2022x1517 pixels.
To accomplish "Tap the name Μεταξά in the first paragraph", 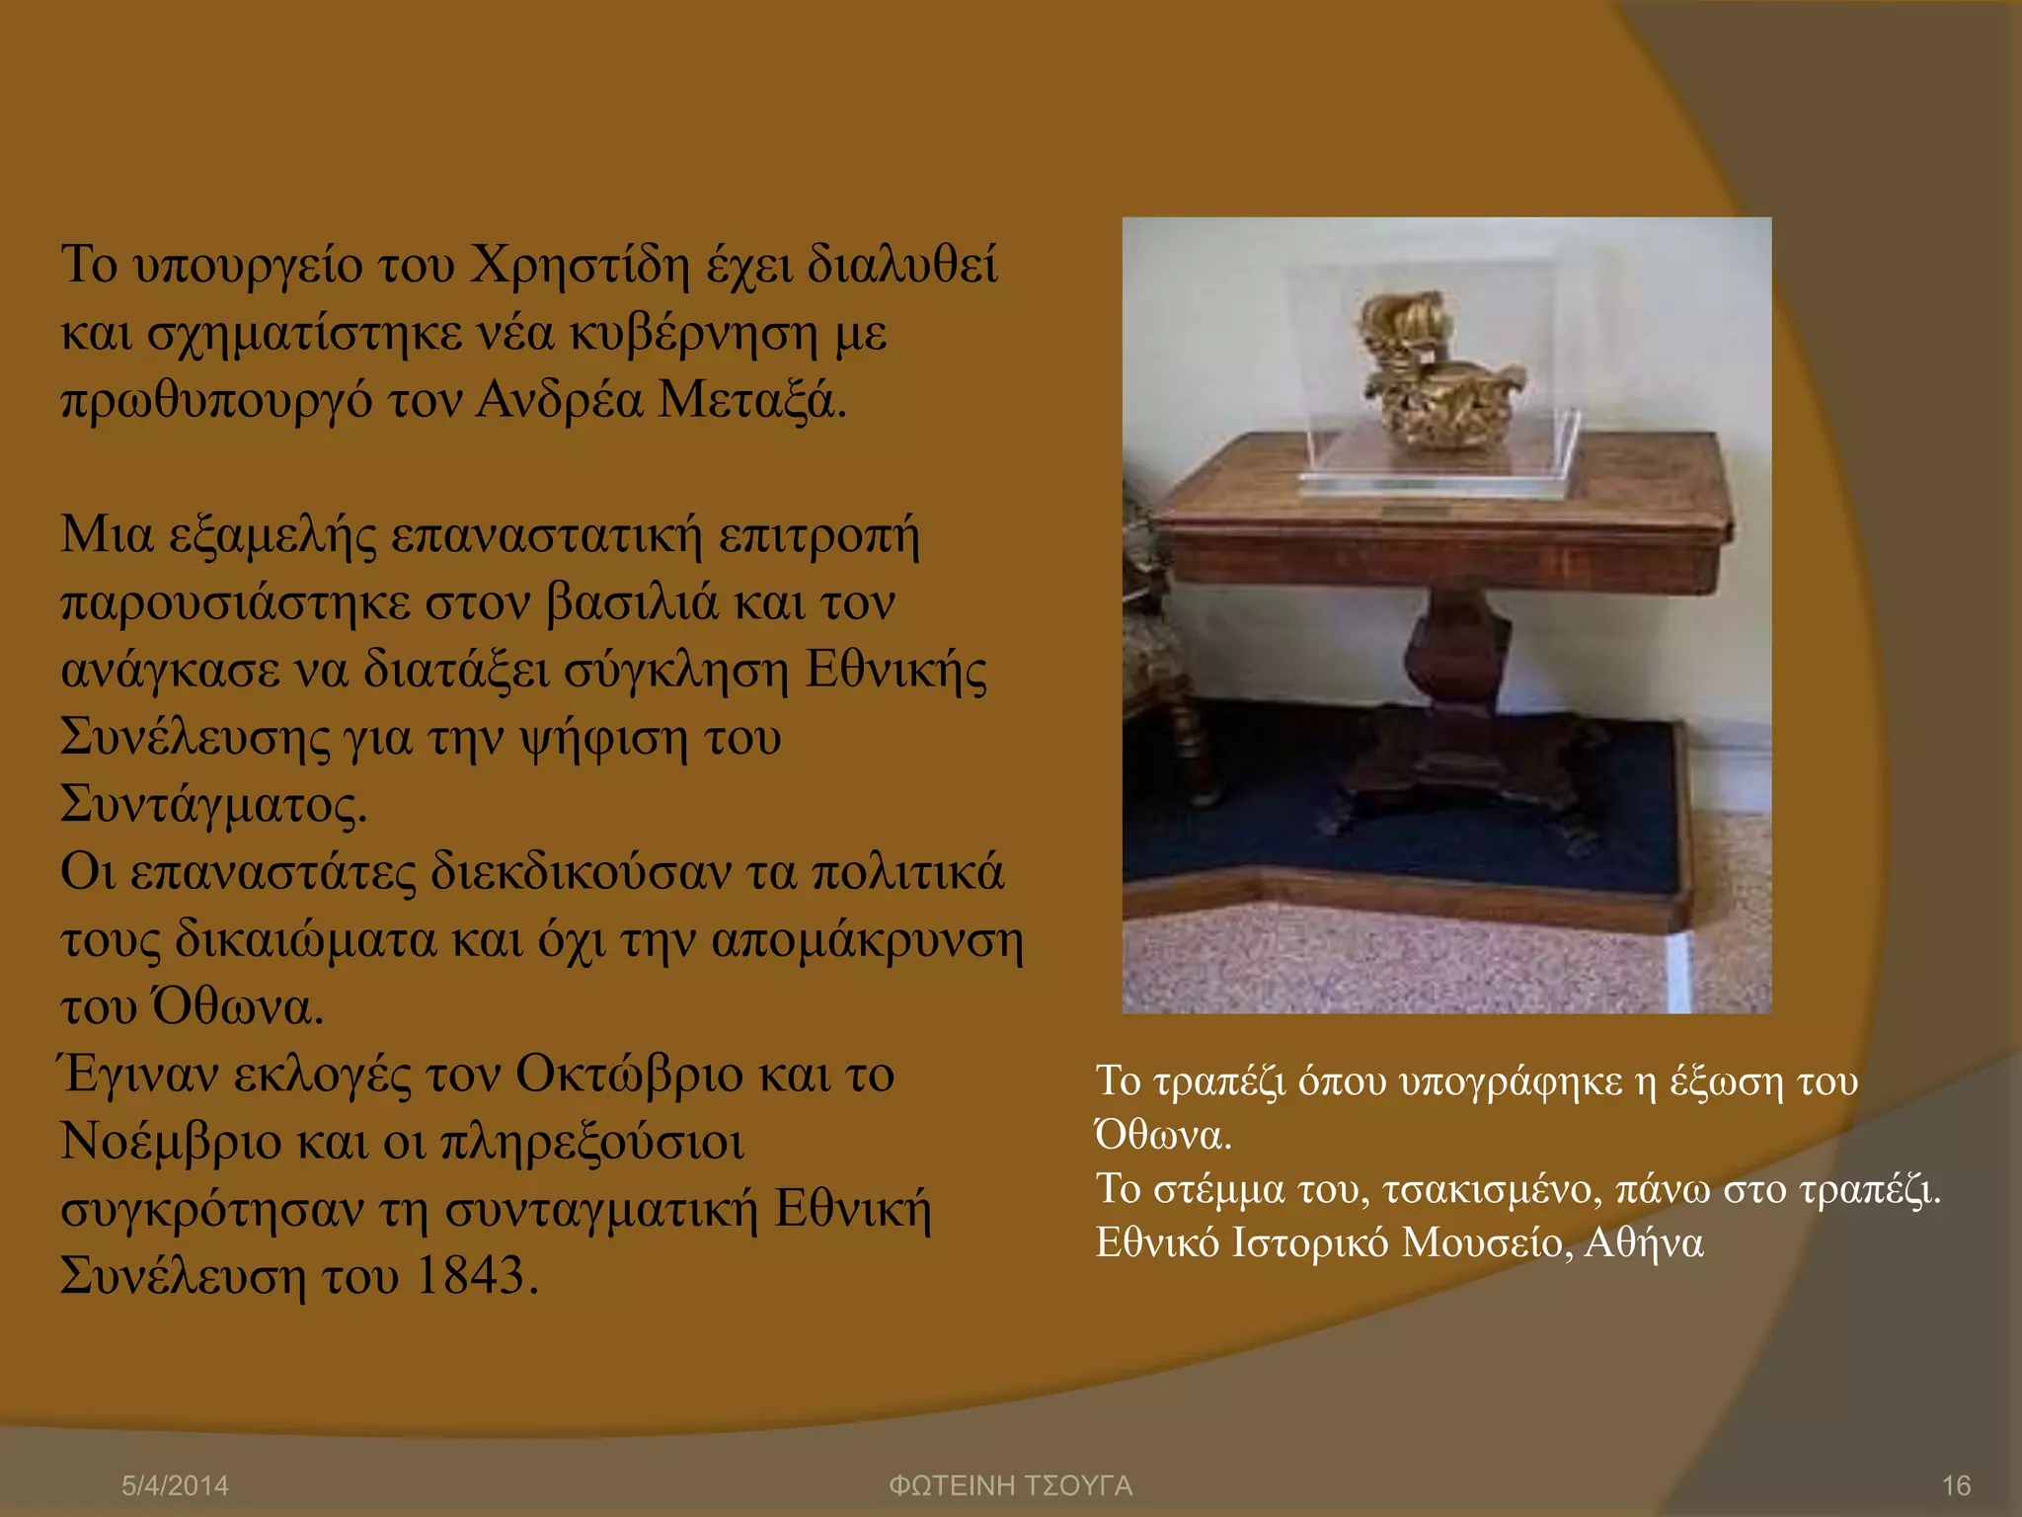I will click(x=751, y=401).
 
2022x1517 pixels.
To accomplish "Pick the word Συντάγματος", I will click(x=213, y=805).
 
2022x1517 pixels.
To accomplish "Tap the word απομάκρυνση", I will click(x=867, y=940).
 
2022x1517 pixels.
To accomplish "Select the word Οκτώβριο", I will click(x=628, y=1075).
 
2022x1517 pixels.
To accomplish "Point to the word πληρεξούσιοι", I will click(x=591, y=1143).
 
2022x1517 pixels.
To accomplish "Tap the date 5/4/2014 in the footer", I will click(x=175, y=1485).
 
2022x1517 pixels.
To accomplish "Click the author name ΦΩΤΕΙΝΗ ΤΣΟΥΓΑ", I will click(x=1010, y=1485).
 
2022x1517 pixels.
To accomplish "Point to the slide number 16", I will click(x=1956, y=1485).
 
